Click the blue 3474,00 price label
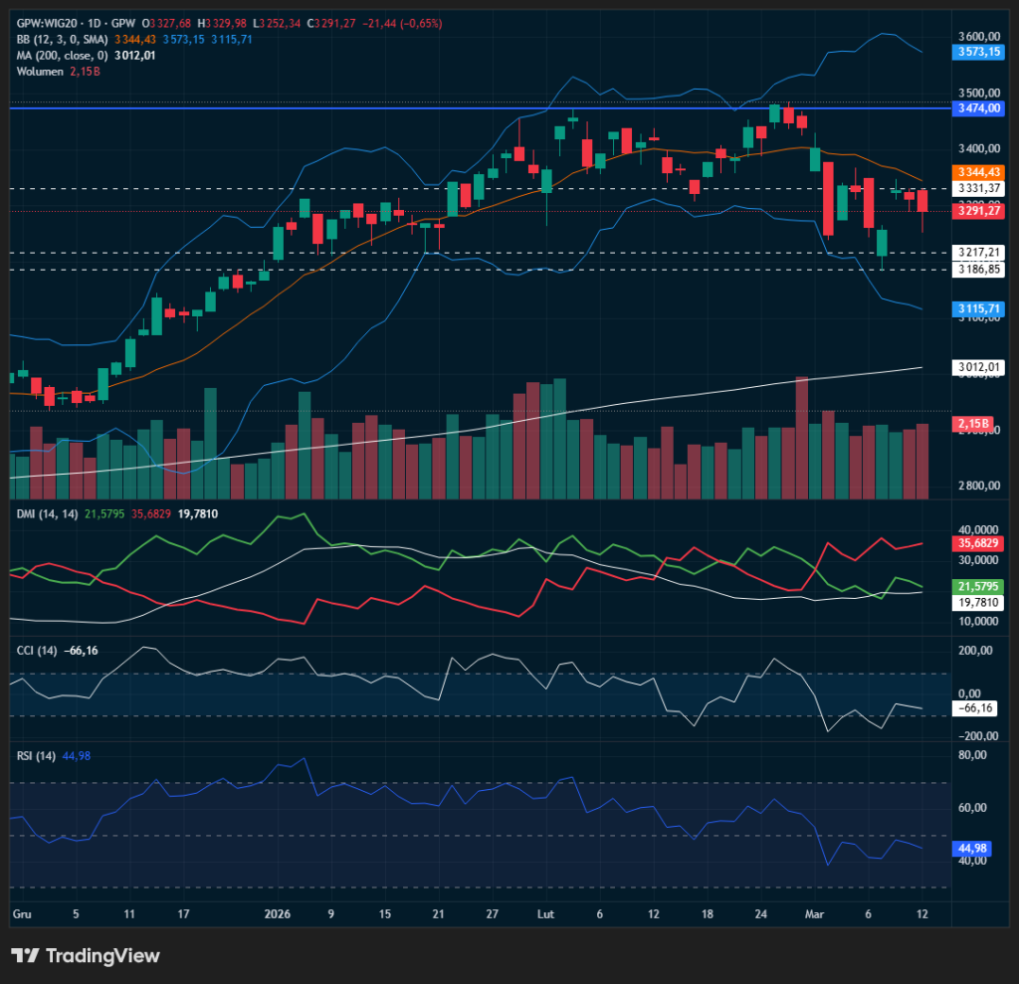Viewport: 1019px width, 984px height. [x=977, y=106]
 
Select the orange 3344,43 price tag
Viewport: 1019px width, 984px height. [x=977, y=171]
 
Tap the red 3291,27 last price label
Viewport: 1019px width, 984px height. [x=977, y=210]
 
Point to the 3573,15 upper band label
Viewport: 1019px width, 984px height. [x=977, y=52]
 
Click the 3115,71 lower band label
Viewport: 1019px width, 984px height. [x=977, y=309]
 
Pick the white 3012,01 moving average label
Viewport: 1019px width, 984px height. [x=977, y=367]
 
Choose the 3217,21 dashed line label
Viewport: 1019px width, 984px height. [x=977, y=252]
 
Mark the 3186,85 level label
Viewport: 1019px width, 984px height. [x=977, y=269]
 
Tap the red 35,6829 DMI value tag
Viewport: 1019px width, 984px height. [x=977, y=543]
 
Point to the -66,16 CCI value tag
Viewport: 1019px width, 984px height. [x=975, y=707]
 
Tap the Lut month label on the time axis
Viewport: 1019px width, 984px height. [x=545, y=912]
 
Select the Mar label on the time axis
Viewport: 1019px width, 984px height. [x=814, y=912]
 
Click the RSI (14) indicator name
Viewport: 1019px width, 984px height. [x=37, y=755]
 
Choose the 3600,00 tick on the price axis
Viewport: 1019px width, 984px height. [x=975, y=35]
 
